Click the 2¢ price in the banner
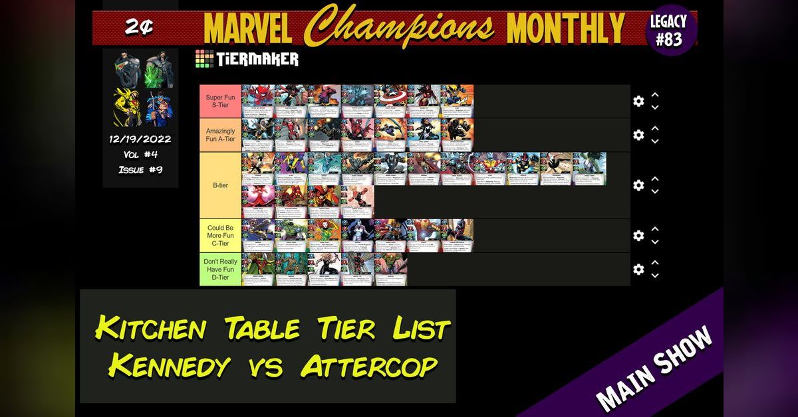point(140,27)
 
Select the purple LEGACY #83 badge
point(668,31)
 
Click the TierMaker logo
point(247,58)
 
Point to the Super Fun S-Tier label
point(220,101)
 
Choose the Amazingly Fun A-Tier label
point(220,135)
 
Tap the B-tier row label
point(220,185)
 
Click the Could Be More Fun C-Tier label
point(220,235)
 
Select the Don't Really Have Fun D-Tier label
point(220,269)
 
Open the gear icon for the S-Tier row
point(638,101)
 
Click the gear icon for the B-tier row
point(638,185)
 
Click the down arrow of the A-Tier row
point(655,141)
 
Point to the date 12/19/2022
point(140,139)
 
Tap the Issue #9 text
point(140,169)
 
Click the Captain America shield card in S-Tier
point(390,101)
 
